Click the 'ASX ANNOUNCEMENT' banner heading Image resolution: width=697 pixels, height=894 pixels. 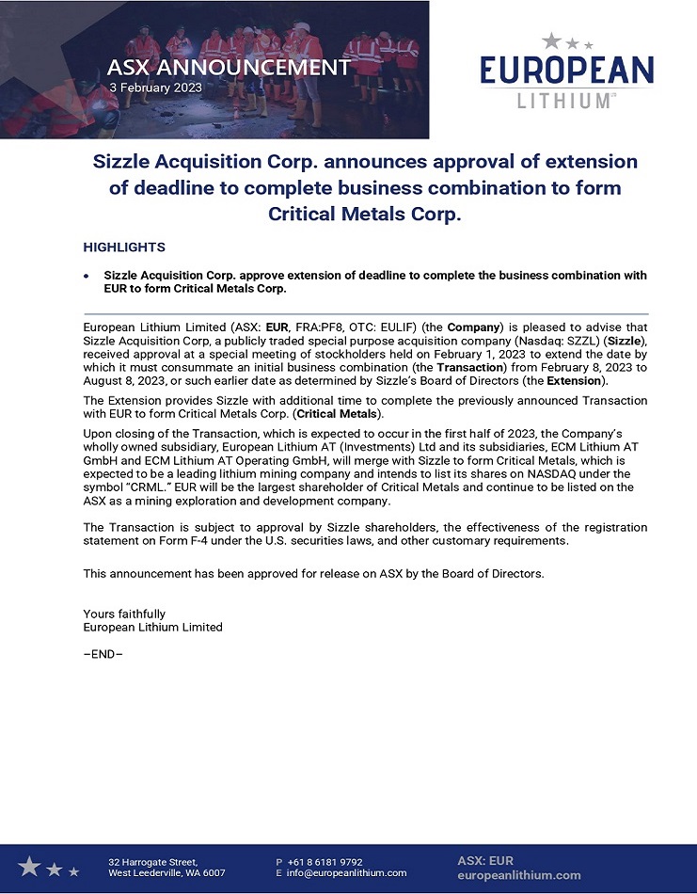click(229, 68)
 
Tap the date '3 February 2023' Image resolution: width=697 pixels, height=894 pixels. click(155, 88)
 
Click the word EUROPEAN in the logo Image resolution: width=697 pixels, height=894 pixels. click(566, 71)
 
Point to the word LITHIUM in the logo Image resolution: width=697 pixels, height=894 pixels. click(563, 100)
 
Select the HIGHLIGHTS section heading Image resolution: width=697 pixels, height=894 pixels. click(124, 247)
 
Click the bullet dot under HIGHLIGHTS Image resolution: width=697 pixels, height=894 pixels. click(87, 276)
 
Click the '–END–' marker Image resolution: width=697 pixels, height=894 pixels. click(103, 654)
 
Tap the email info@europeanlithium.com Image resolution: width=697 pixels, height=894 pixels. click(347, 873)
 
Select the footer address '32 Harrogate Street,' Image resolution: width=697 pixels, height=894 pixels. click(153, 862)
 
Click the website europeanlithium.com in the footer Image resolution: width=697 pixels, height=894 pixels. click(518, 875)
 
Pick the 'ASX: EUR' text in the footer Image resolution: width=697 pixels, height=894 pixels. click(485, 860)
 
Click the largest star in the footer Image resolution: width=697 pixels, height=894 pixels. click(29, 866)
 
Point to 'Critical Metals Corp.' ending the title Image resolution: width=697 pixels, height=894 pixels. click(365, 214)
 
